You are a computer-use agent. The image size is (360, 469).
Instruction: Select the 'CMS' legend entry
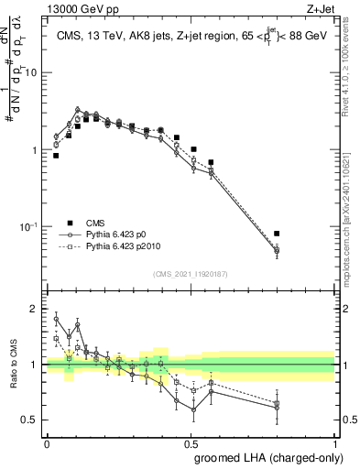tap(96, 223)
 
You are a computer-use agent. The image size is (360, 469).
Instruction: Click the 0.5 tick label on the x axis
tap(191, 442)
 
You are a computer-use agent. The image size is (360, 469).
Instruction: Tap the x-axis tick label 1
tap(334, 442)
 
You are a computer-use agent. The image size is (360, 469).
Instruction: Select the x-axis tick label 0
tap(47, 442)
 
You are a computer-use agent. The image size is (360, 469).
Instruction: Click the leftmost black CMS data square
tap(56, 156)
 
